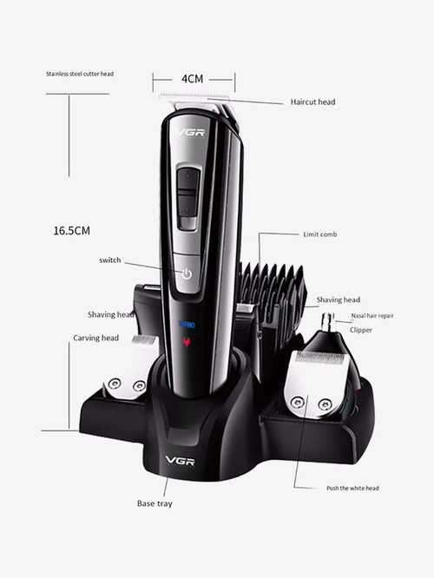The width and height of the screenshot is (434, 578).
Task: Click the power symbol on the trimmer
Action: [x=187, y=274]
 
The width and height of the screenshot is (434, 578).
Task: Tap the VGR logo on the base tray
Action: [x=180, y=461]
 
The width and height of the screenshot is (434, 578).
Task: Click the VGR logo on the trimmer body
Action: [x=190, y=133]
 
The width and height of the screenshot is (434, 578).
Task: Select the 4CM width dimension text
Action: [x=192, y=79]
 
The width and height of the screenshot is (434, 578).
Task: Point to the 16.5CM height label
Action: [x=72, y=231]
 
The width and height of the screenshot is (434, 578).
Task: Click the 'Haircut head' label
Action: [x=312, y=102]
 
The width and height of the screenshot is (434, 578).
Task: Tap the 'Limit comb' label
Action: [x=320, y=234]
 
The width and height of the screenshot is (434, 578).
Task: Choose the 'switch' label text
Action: [x=110, y=259]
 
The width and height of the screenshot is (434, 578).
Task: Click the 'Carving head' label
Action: [x=95, y=338]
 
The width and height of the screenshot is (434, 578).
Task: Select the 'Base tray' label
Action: [x=155, y=503]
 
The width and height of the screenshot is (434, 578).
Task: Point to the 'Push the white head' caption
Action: [x=352, y=488]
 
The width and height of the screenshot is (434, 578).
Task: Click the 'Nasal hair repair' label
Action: [x=372, y=316]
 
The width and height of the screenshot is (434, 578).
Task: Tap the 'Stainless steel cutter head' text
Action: [x=80, y=74]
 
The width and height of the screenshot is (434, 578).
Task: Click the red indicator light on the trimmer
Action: [x=187, y=342]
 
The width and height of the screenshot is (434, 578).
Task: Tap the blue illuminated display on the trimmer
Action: [x=187, y=325]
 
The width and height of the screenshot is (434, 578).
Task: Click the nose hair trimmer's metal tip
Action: [x=327, y=321]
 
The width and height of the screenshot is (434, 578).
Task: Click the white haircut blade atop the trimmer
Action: [x=194, y=97]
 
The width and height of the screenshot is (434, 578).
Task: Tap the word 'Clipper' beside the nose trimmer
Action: [x=361, y=330]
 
